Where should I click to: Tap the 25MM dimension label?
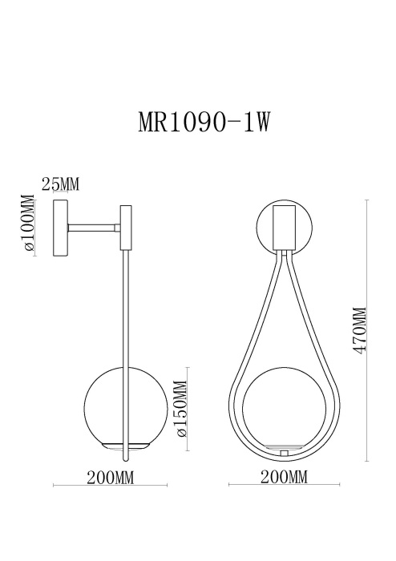pos(60,185)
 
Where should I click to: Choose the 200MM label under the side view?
pos(109,478)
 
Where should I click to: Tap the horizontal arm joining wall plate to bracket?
pos(95,228)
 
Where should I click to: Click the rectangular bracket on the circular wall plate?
pos(285,227)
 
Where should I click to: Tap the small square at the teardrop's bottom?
pos(285,454)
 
